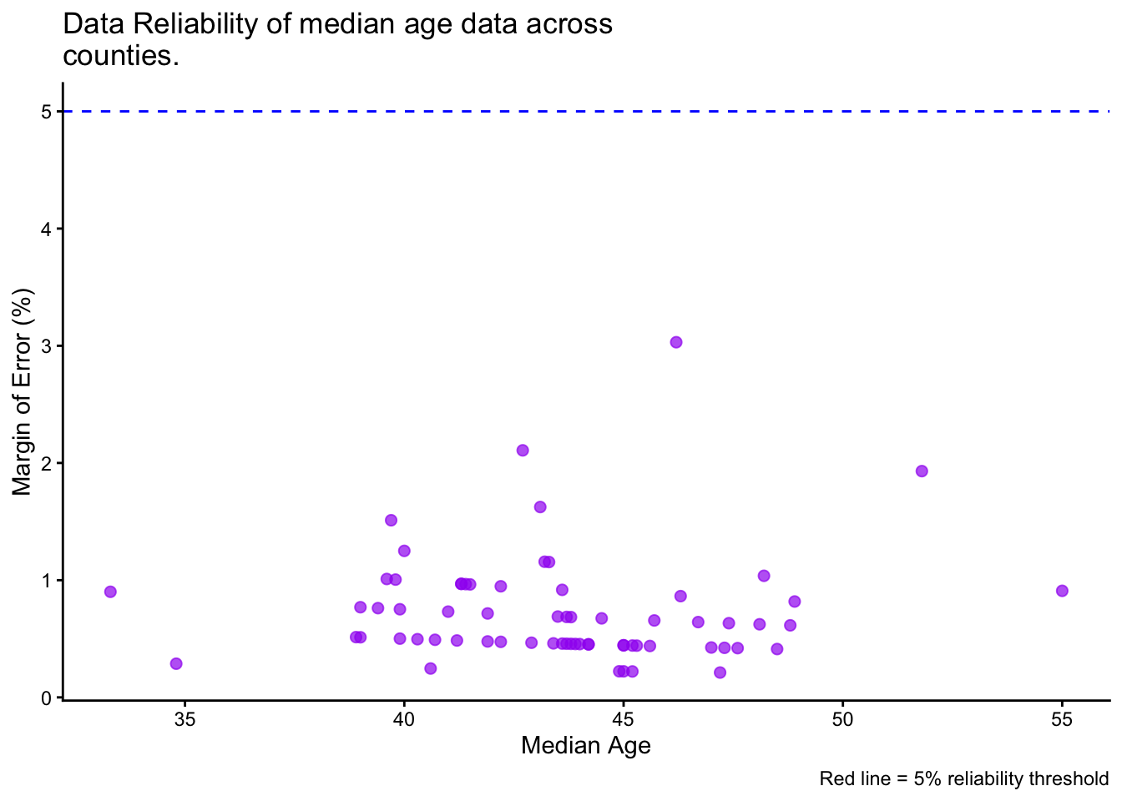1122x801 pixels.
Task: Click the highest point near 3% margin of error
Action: (676, 342)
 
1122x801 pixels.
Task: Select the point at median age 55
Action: (1062, 591)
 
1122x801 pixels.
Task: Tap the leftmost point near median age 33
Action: (110, 592)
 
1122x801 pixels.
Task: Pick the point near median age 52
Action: (922, 471)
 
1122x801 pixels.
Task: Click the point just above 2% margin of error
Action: (523, 451)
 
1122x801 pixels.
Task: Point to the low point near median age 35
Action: (176, 663)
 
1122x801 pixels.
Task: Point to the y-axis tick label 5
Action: (47, 112)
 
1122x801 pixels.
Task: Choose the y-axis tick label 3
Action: (47, 346)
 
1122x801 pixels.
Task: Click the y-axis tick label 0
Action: (47, 698)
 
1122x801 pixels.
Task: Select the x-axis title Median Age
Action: (585, 745)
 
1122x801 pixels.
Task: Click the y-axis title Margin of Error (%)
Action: (23, 391)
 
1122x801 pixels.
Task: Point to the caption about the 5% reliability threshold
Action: (963, 779)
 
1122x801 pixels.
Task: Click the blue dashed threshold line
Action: (584, 111)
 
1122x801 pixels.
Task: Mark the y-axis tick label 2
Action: (47, 464)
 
